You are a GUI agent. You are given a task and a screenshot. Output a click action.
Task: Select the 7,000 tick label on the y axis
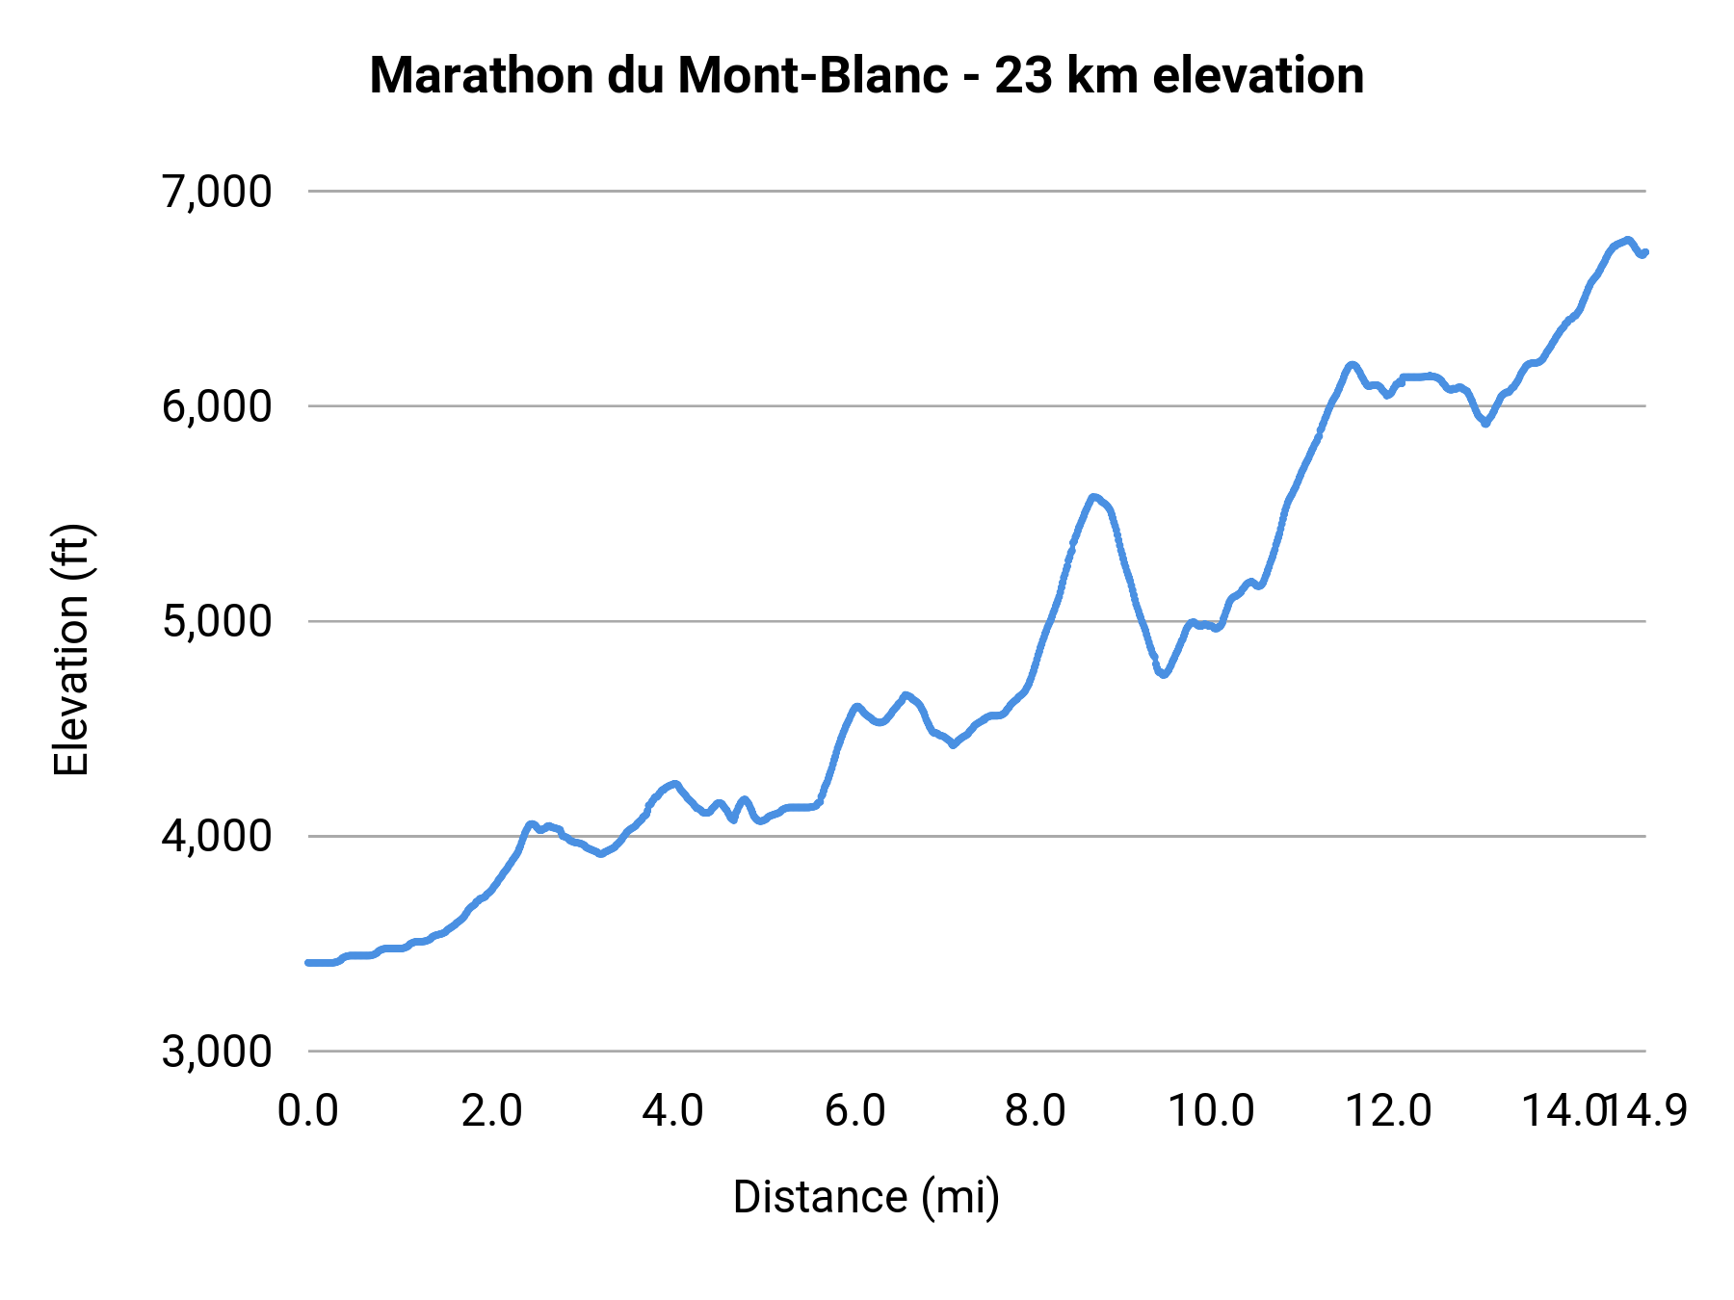(x=218, y=192)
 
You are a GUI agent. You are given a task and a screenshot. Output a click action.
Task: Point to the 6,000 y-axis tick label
(x=218, y=406)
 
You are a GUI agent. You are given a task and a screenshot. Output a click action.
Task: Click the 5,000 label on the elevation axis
(x=218, y=621)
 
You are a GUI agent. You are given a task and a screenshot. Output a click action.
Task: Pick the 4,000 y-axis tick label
(x=218, y=836)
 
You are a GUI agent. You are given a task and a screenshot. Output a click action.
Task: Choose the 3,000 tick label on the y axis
(x=218, y=1051)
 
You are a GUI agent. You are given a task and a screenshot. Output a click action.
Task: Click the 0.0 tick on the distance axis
(x=308, y=1110)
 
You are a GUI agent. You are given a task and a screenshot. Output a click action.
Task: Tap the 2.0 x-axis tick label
(x=490, y=1110)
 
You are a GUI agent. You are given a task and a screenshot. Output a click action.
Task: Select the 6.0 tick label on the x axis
(x=854, y=1110)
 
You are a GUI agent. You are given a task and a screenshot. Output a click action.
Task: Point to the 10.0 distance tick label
(x=1211, y=1110)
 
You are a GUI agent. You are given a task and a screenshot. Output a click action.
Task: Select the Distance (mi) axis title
(x=866, y=1197)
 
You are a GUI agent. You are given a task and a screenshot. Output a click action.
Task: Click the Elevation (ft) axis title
(x=71, y=650)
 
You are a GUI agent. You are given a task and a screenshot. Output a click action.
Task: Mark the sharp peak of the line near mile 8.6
(x=1093, y=497)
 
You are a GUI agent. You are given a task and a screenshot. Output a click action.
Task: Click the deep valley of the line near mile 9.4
(x=1164, y=675)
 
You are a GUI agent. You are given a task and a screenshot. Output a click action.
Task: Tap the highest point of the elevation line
(x=1627, y=240)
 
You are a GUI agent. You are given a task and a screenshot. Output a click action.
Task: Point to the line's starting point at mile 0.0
(x=308, y=962)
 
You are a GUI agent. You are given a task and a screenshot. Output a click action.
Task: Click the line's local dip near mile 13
(x=1485, y=423)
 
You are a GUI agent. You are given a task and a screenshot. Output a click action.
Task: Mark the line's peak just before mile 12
(x=1352, y=365)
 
